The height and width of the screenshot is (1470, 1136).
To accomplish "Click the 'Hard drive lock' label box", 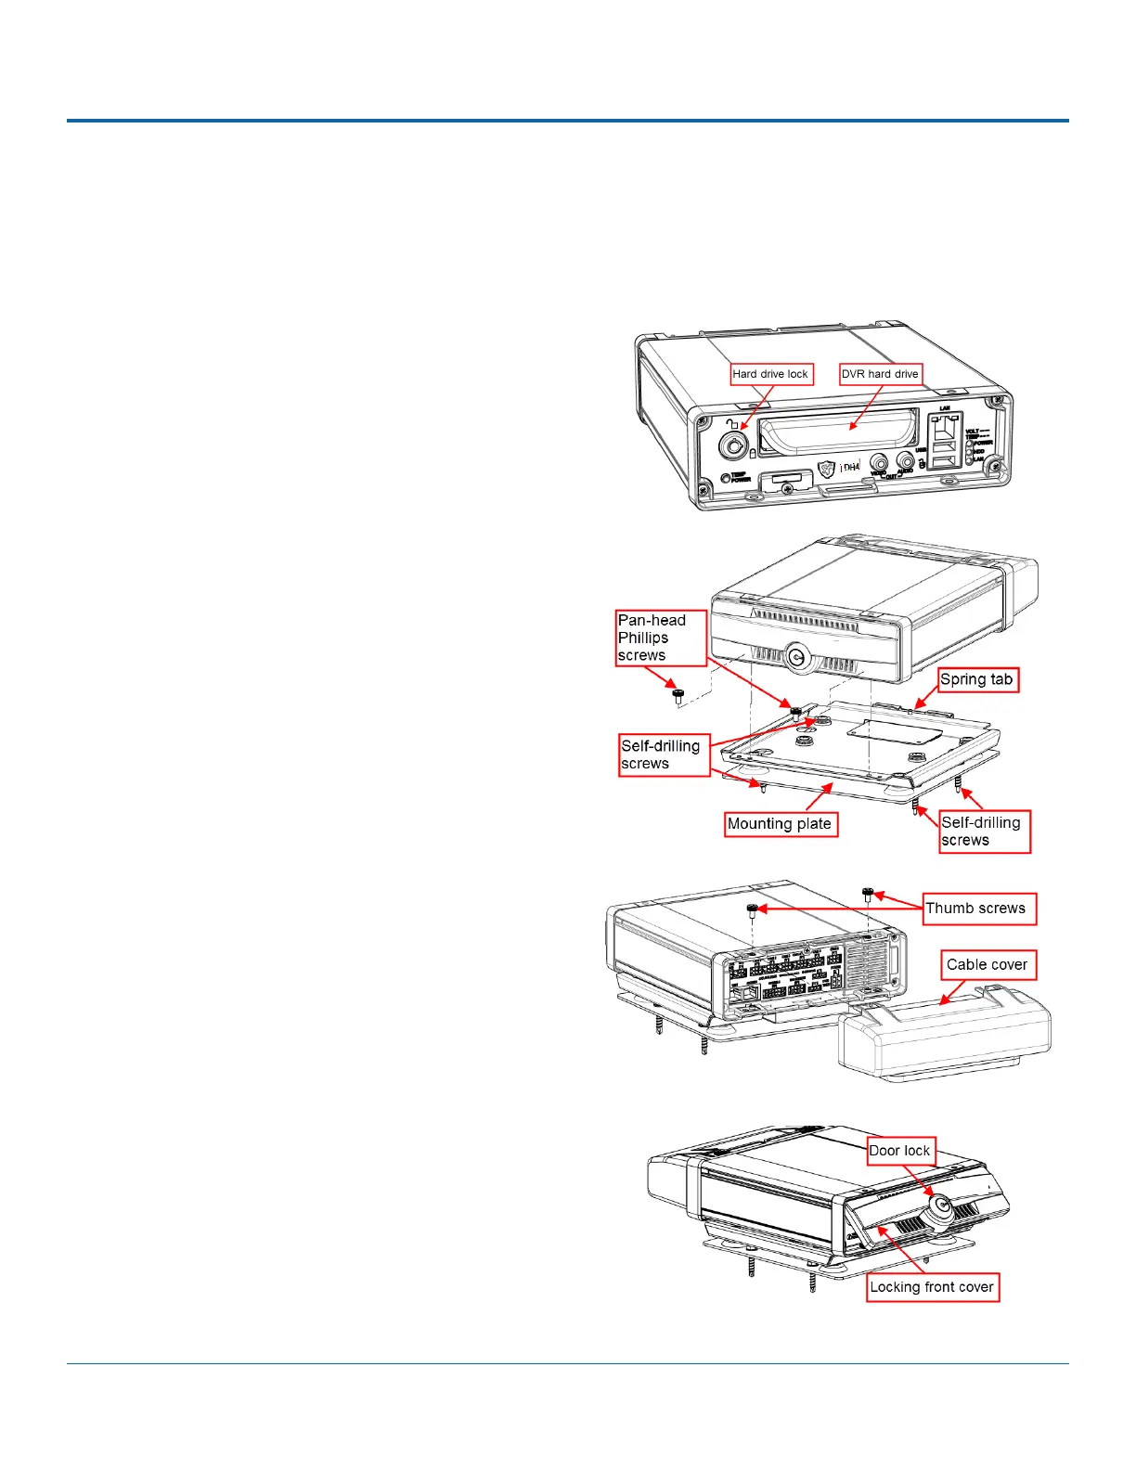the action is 770,374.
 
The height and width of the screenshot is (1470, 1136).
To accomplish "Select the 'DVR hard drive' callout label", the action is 880,374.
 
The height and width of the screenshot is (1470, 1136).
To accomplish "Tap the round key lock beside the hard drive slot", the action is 735,446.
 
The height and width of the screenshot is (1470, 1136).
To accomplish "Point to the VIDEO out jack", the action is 878,461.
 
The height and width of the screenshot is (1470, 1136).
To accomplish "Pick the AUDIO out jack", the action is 905,459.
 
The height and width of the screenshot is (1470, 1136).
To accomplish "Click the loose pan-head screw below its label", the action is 678,695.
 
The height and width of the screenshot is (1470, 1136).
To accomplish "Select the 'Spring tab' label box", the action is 977,679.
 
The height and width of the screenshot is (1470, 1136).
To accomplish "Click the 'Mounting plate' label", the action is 780,824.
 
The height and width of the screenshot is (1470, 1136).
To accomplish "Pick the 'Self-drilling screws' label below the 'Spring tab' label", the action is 984,832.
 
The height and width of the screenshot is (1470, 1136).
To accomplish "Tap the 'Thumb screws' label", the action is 977,909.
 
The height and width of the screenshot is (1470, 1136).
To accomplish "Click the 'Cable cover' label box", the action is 987,965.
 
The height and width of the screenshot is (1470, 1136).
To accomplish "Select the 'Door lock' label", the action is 900,1151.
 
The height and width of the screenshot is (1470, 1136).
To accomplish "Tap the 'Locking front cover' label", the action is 932,1287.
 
